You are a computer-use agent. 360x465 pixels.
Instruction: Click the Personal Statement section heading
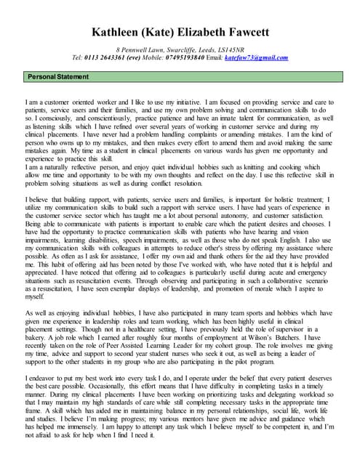tap(57, 76)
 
